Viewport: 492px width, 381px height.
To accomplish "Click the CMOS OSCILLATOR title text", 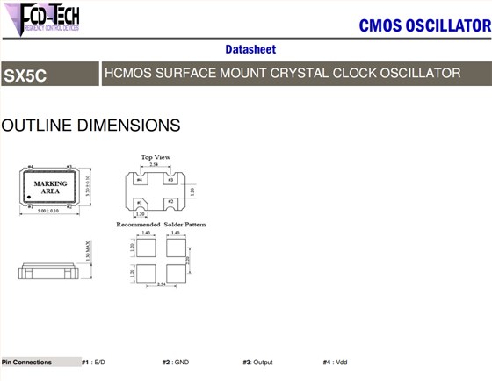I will point(424,25).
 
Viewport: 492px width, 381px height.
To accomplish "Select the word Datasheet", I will point(251,49).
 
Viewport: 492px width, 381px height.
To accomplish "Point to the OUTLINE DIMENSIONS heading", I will point(91,126).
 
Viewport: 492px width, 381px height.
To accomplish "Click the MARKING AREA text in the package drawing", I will point(51,187).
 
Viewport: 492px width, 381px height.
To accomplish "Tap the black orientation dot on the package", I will point(28,196).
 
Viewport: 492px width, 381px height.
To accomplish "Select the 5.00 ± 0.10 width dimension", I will point(51,211).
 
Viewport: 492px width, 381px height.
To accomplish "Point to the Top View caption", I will point(156,157).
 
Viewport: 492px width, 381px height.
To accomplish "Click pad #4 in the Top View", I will point(139,179).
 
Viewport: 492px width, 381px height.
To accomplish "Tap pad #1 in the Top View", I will point(139,203).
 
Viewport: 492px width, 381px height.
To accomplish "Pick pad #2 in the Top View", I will point(171,203).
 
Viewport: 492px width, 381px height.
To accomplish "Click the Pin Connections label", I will point(27,362).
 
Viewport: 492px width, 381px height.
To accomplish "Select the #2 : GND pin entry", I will point(176,362).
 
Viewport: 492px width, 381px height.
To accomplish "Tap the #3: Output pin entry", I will point(258,362).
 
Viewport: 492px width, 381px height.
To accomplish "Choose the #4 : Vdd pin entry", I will point(335,362).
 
